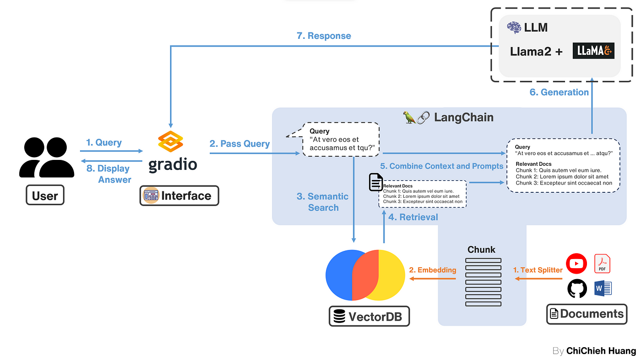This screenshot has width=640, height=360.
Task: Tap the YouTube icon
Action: pyautogui.click(x=576, y=264)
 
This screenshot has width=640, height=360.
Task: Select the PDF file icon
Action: pyautogui.click(x=602, y=264)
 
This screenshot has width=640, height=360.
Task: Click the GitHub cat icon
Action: pyautogui.click(x=577, y=289)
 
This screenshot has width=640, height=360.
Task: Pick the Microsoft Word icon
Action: pyautogui.click(x=603, y=288)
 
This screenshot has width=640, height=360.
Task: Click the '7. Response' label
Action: pyautogui.click(x=324, y=36)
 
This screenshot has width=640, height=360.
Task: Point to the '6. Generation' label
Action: pyautogui.click(x=559, y=92)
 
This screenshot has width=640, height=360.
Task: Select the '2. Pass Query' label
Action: pyautogui.click(x=240, y=143)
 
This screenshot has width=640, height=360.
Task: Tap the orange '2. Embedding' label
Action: pyautogui.click(x=432, y=270)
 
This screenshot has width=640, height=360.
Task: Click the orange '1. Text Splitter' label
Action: pyautogui.click(x=538, y=270)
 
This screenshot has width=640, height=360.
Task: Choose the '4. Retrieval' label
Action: pyautogui.click(x=413, y=217)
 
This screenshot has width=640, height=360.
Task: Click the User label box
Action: pyautogui.click(x=45, y=196)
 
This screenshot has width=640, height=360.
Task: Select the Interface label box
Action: pyautogui.click(x=179, y=196)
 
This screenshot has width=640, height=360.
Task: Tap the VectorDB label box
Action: pyautogui.click(x=369, y=316)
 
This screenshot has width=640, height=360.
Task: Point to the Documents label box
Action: pyautogui.click(x=587, y=314)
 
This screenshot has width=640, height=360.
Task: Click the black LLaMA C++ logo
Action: pyautogui.click(x=593, y=52)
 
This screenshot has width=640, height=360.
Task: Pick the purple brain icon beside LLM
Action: pyautogui.click(x=514, y=27)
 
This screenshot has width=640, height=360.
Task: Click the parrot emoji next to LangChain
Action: pyautogui.click(x=409, y=117)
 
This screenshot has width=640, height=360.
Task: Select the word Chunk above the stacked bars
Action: pyautogui.click(x=481, y=249)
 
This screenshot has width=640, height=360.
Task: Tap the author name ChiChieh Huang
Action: pyautogui.click(x=601, y=351)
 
